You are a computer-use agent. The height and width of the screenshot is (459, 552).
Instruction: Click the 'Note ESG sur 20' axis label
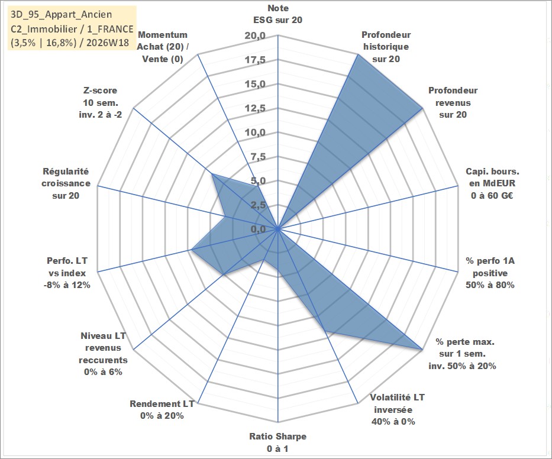[277, 14]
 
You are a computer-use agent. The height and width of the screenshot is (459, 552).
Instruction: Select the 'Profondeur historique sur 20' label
[386, 47]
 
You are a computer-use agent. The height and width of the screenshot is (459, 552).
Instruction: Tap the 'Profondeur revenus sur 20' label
[453, 102]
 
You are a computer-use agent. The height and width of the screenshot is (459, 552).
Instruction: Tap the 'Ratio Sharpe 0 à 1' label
[277, 442]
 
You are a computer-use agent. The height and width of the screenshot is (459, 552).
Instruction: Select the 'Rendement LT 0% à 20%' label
[162, 410]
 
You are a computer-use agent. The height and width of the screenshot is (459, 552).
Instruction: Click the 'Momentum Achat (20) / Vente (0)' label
[163, 47]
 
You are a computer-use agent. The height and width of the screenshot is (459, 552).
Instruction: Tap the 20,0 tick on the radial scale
[255, 36]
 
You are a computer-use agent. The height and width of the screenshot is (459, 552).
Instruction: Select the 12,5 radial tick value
[255, 108]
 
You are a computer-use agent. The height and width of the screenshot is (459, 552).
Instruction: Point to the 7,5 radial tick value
[258, 157]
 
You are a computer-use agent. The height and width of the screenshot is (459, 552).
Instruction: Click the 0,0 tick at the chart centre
[258, 229]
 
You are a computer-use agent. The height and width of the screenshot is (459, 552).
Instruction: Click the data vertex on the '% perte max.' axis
[422, 350]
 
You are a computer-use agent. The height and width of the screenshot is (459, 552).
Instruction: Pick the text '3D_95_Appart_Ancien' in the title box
[62, 14]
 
